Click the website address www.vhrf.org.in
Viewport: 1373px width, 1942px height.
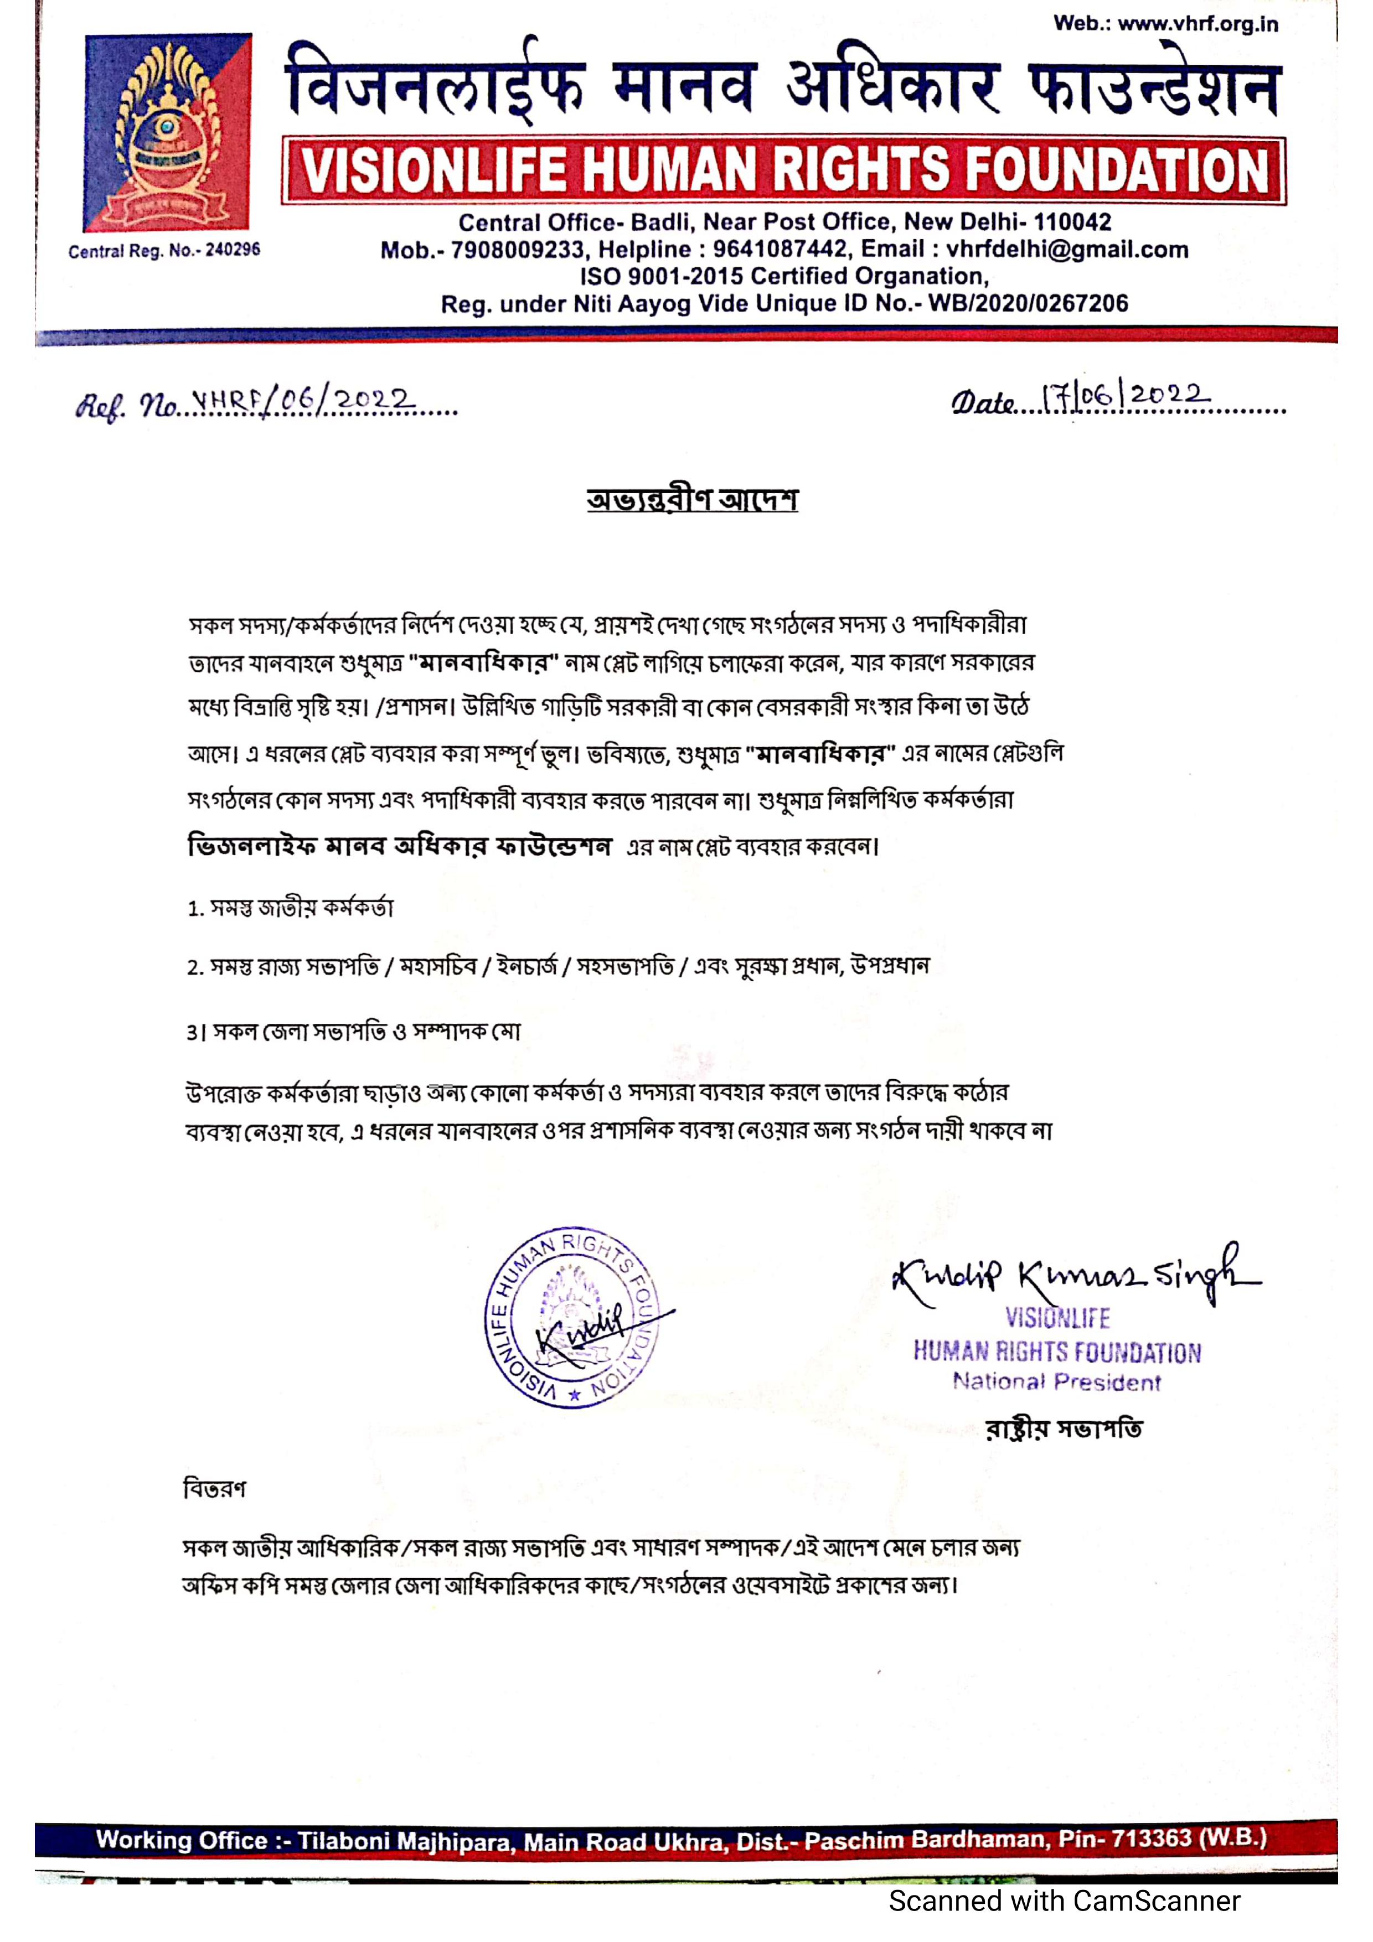(1197, 24)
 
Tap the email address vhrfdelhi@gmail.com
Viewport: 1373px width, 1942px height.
(1067, 250)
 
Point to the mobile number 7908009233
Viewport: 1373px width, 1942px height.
(517, 250)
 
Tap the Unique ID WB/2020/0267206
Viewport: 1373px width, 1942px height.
(1028, 304)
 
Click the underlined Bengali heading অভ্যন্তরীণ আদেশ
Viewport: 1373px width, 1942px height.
(692, 500)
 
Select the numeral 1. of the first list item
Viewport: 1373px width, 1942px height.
(194, 909)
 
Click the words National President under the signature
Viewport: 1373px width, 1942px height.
(1057, 1382)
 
